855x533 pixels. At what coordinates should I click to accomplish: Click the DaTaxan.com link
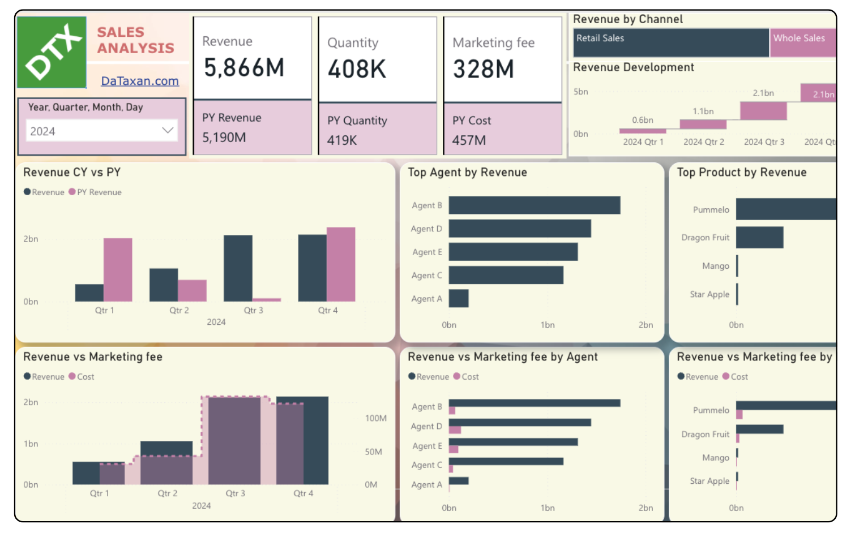[x=140, y=81]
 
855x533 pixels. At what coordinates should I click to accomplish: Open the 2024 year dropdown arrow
[x=168, y=131]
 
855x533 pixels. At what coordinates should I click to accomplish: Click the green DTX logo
[x=52, y=53]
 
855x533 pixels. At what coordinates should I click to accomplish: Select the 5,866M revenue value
[x=244, y=68]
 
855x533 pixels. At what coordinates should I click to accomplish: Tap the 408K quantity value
[x=357, y=69]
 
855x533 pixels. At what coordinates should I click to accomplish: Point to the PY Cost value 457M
[x=469, y=140]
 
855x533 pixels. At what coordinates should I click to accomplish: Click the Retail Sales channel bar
[x=671, y=43]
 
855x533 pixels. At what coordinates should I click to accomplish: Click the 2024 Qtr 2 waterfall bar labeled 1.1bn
[x=703, y=124]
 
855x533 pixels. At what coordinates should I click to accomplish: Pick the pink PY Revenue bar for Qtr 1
[x=118, y=270]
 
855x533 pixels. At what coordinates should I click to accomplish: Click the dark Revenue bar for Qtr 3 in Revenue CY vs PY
[x=238, y=268]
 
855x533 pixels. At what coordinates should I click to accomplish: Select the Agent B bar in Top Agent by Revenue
[x=534, y=205]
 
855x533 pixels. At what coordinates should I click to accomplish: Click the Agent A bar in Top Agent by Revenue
[x=459, y=299]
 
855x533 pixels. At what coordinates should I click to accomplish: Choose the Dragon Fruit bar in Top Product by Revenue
[x=759, y=238]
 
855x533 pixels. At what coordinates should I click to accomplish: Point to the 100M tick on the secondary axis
[x=375, y=418]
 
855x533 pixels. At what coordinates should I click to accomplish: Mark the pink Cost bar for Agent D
[x=455, y=430]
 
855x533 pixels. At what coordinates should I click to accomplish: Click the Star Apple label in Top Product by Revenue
[x=709, y=294]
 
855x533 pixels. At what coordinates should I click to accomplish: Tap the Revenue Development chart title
[x=633, y=67]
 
